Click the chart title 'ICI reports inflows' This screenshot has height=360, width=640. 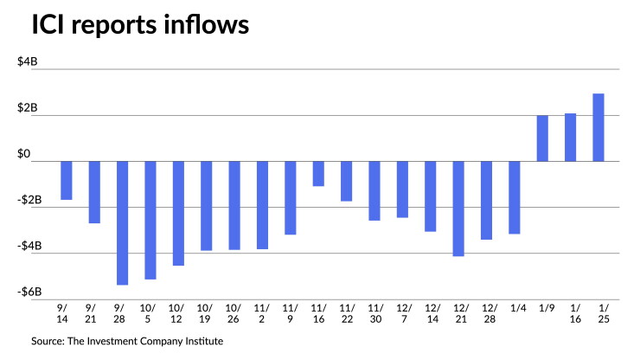point(140,25)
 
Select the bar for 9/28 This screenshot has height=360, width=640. point(123,222)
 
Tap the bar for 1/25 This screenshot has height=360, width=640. point(598,127)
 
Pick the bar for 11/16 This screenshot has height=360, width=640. point(318,174)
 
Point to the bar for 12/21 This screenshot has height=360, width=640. point(458,209)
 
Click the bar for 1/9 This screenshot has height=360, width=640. point(542,138)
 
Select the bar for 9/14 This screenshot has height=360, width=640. point(67,181)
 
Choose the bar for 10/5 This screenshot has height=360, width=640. point(150,221)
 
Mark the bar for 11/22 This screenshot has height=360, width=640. point(347,181)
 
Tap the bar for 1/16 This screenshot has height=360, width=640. point(570,138)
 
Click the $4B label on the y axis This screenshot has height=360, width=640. point(28,61)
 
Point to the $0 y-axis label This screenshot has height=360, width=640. point(23,154)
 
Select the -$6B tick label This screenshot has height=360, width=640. point(29,292)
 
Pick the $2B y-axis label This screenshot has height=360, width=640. point(28,108)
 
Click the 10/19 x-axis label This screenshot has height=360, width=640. point(204,313)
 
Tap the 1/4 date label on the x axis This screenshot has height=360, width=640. point(518,308)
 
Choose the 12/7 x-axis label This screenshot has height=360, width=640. point(404,313)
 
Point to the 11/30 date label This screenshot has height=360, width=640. point(375,313)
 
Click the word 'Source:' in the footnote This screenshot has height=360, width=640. point(48,341)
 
